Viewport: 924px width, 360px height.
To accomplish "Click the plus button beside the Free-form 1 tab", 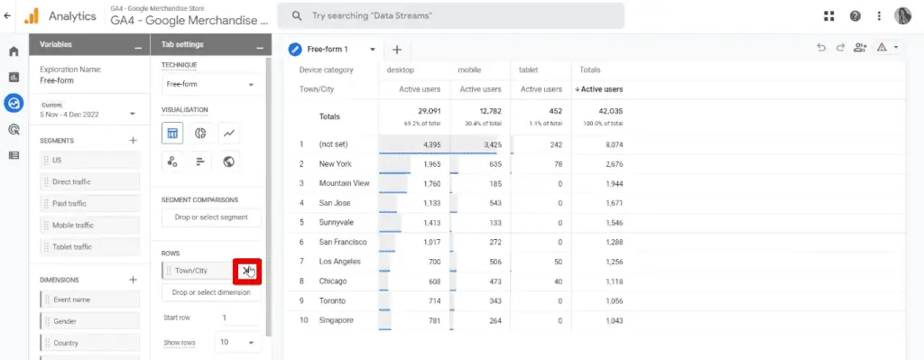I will [396, 50].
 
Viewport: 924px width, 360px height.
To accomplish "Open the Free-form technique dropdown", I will [209, 85].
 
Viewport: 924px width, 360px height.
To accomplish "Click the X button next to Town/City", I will [246, 271].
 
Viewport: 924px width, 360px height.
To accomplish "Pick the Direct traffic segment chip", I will [89, 181].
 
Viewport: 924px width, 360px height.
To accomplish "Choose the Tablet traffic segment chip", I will [89, 246].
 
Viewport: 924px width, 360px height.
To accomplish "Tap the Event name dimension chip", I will [89, 300].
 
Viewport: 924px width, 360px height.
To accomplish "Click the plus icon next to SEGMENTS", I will [133, 141].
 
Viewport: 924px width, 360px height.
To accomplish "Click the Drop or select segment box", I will [210, 217].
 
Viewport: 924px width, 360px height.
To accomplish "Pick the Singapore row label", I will [336, 320].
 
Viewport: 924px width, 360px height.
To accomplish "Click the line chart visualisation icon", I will [229, 134].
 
